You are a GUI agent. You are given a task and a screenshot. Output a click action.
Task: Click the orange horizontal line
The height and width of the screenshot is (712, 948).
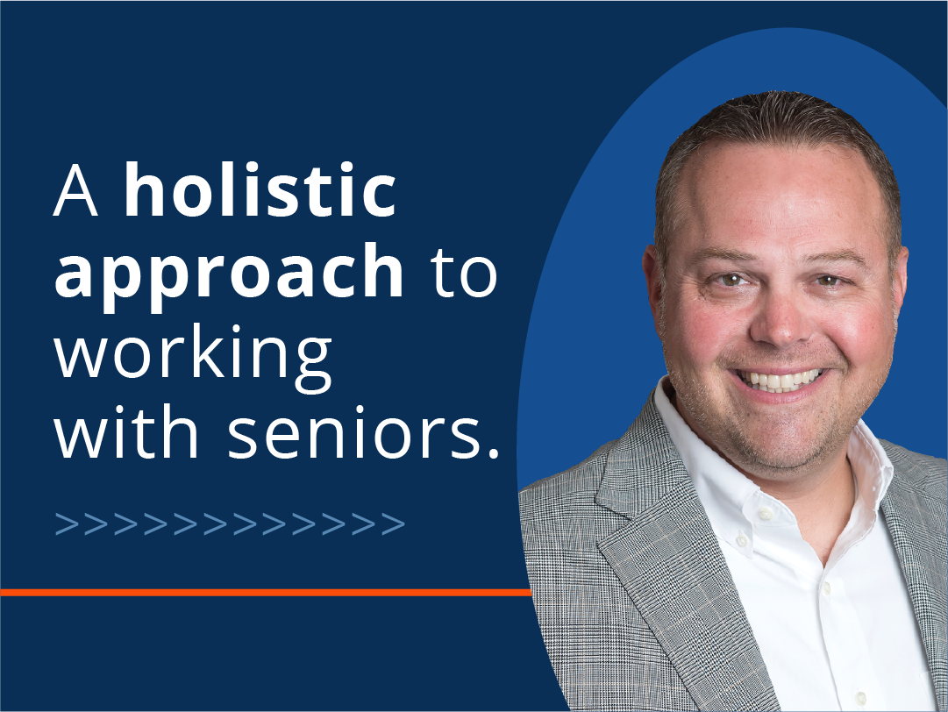click(x=266, y=593)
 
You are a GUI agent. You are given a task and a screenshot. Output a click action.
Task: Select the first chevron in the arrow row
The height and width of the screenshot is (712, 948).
click(x=68, y=524)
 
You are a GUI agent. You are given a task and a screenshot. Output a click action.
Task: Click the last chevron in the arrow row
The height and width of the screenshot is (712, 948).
click(x=393, y=524)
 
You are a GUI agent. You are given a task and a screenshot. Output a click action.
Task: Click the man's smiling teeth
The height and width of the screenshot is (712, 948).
click(x=780, y=381)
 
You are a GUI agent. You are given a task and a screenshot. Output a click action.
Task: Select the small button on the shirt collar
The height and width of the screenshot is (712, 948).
click(x=766, y=514)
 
